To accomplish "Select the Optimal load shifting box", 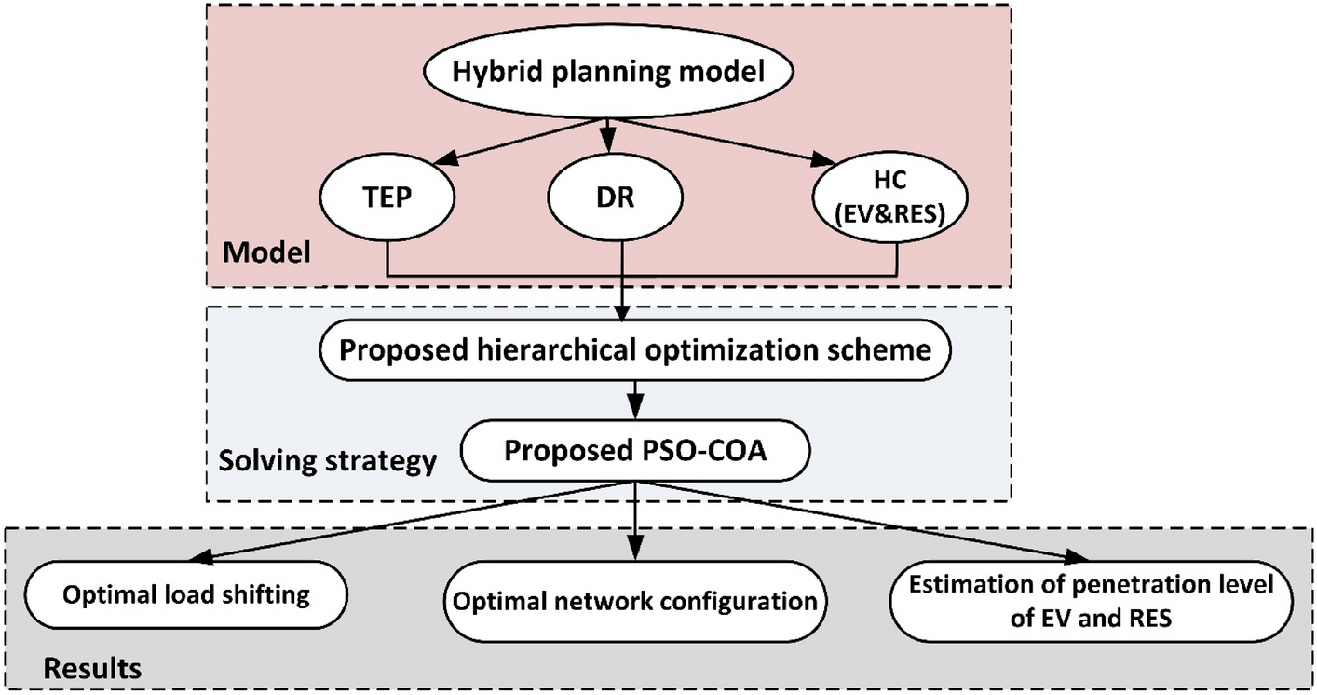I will point(186,594).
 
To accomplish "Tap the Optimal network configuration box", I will point(635,601).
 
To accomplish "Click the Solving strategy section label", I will point(327,460).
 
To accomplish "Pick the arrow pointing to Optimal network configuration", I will point(635,522).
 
